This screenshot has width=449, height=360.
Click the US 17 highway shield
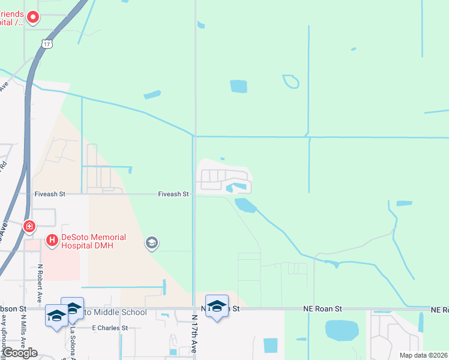point(47,44)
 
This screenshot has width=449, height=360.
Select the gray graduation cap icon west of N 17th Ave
point(151,242)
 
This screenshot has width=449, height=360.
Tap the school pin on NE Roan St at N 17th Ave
point(217,307)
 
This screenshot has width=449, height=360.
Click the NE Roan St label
point(322,308)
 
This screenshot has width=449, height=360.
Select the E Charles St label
point(110,328)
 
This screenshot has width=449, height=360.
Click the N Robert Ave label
point(40,283)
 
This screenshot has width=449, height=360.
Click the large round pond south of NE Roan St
point(341,331)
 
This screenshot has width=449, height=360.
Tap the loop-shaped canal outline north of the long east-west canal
point(291,81)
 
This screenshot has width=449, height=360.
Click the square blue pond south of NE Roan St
point(271,346)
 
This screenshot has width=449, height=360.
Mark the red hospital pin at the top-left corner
point(33,18)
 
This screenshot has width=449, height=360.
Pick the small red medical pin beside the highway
point(29,226)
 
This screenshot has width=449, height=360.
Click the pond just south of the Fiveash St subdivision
point(246,206)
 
